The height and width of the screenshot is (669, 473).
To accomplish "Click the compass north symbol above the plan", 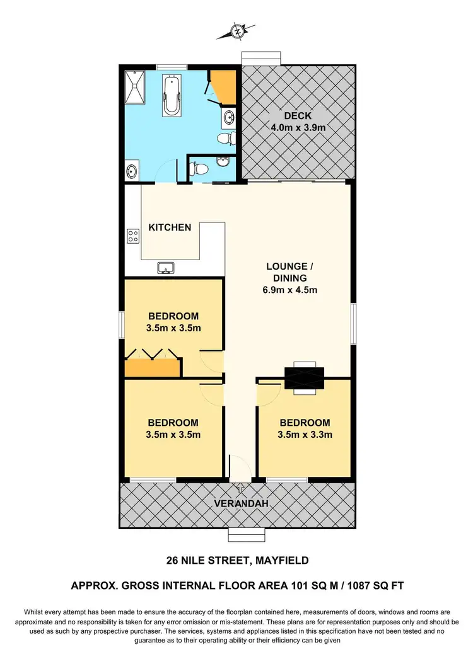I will (238, 30).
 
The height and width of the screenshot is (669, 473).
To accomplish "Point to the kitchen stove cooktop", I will (134, 236).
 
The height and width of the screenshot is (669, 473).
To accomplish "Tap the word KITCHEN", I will (170, 227).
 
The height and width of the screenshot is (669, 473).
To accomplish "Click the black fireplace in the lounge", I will (304, 378).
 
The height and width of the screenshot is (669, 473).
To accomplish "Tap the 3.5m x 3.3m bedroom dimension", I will (305, 434).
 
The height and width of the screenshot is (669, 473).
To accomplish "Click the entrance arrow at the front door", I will (240, 487).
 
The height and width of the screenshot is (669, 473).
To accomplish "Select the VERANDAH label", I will (238, 503).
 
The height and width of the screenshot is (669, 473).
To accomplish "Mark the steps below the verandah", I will (240, 534).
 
